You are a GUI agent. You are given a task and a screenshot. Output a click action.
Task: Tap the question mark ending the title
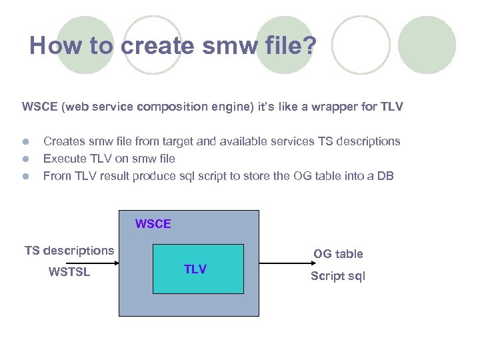311,46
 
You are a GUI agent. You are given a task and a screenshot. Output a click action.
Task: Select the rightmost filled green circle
427,45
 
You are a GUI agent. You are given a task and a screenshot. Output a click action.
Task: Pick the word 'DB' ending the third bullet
386,176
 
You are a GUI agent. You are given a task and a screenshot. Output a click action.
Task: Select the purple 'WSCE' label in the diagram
153,224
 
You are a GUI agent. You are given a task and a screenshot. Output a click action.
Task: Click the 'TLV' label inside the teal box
195,269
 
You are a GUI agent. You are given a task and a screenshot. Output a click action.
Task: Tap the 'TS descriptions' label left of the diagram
69,251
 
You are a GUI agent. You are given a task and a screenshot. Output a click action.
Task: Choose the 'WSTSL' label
69,272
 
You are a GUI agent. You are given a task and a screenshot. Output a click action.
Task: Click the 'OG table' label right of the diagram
338,254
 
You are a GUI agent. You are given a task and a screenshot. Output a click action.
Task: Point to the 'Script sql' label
338,276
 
